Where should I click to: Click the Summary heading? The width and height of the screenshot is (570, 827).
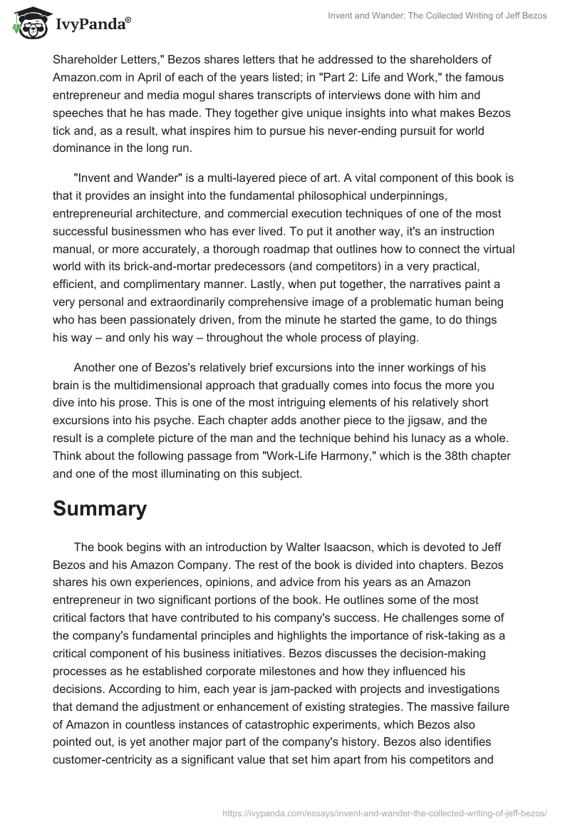(100, 509)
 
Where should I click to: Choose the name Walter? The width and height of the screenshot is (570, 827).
(300, 546)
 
